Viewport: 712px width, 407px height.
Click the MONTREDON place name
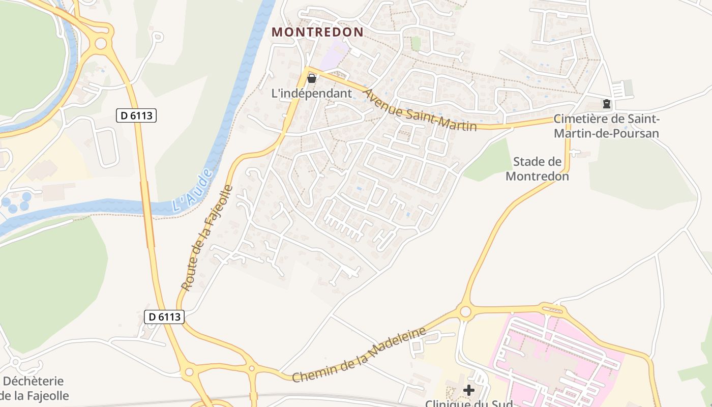pyautogui.click(x=317, y=32)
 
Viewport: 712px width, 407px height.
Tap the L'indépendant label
pyautogui.click(x=312, y=93)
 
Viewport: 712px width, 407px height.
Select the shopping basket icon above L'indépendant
pyautogui.click(x=312, y=78)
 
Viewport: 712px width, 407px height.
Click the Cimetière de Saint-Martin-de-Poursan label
pyautogui.click(x=606, y=126)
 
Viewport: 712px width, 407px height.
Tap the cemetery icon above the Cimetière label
pyautogui.click(x=606, y=104)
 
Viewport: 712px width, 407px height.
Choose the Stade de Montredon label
pyautogui.click(x=537, y=169)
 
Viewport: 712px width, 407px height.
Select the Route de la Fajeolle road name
pyautogui.click(x=207, y=238)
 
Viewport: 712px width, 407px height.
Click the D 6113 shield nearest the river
pyautogui.click(x=136, y=115)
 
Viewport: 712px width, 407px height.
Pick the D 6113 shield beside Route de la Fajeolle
pyautogui.click(x=164, y=316)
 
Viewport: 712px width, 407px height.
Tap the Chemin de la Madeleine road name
pyautogui.click(x=359, y=355)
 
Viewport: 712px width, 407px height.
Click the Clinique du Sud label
pyautogui.click(x=468, y=402)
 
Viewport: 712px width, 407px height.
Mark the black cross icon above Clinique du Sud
pyautogui.click(x=468, y=390)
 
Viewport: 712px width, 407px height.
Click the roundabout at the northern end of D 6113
pyautogui.click(x=101, y=43)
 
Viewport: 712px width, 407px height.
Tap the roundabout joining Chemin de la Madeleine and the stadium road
pyautogui.click(x=465, y=312)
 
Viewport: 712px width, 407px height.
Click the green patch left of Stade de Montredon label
pyautogui.click(x=488, y=162)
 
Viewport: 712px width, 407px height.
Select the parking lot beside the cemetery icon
pyautogui.click(x=621, y=90)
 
